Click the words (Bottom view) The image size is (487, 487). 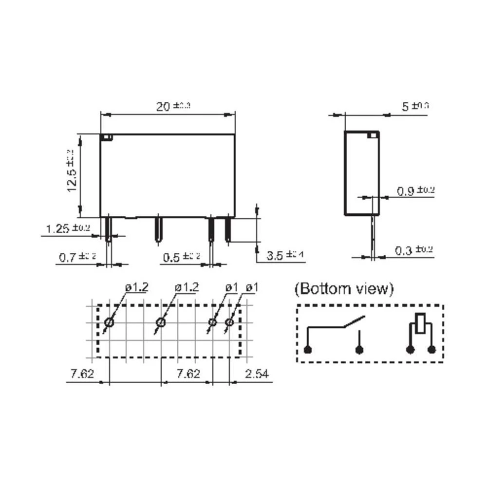pos(343,288)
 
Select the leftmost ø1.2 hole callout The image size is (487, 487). pos(136,288)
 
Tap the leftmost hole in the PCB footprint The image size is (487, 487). pos(109,323)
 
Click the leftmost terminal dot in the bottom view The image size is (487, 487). pos(307,349)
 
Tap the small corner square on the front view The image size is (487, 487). pos(106,137)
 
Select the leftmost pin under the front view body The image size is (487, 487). pos(109,229)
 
